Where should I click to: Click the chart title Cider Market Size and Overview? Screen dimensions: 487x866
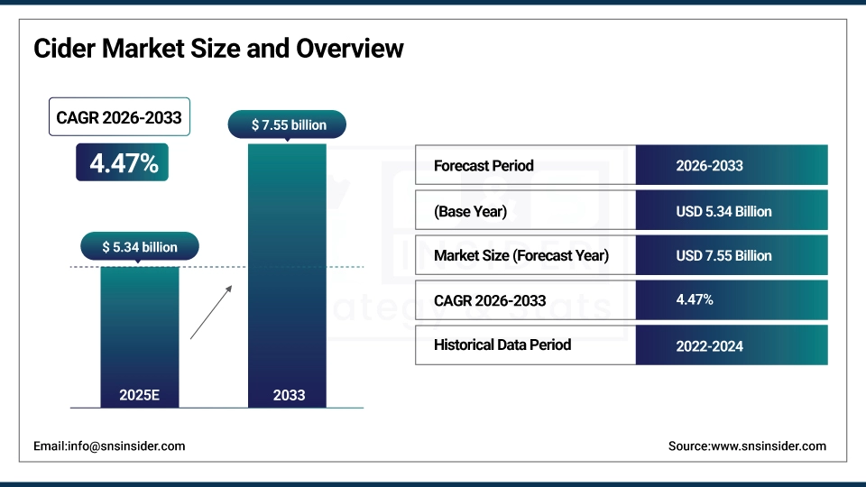(218, 48)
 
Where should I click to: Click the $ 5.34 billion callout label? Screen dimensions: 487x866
(140, 246)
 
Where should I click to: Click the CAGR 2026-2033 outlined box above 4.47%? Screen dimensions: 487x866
(119, 117)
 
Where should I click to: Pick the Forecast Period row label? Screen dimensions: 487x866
(484, 166)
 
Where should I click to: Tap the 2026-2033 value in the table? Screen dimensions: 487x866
(709, 166)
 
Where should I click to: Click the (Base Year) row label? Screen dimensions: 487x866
(470, 212)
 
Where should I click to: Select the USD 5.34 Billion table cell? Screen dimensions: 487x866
(723, 212)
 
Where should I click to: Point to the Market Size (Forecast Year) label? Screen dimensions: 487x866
(521, 256)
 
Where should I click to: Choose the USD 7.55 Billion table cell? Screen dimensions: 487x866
(723, 256)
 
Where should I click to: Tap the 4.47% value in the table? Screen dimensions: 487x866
(695, 300)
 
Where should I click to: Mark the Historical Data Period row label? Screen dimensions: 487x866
(502, 345)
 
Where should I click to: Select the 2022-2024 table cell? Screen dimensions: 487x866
(709, 345)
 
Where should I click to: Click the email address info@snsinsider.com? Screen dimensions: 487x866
(109, 446)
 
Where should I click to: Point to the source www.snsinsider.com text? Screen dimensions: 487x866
(747, 446)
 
